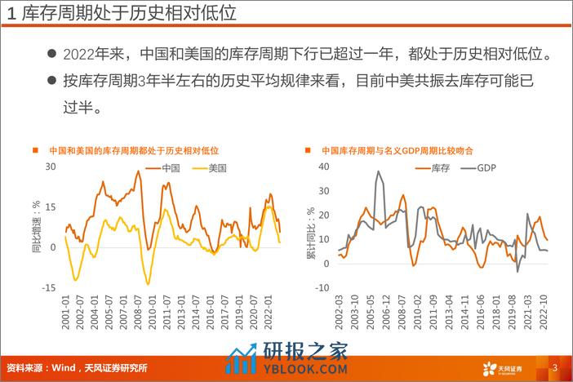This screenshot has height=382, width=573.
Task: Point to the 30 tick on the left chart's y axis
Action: [50, 167]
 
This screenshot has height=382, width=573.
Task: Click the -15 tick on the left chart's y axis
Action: [48, 286]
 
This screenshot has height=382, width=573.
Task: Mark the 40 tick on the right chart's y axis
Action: [322, 167]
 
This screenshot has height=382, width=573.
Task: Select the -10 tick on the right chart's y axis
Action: [321, 286]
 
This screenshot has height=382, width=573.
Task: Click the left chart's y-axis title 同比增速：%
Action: [36, 226]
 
